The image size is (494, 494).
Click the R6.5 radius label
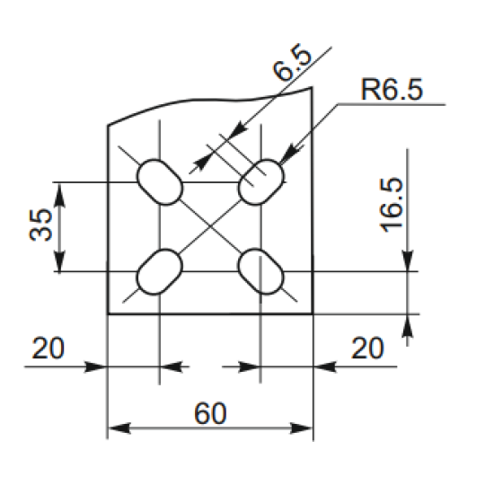point(392,90)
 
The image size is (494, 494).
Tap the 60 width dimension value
point(210,413)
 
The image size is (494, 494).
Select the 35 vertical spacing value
point(41,225)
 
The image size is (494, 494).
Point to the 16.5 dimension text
point(392,206)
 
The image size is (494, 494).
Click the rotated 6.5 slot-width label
point(292,63)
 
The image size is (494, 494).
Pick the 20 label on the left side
point(49,348)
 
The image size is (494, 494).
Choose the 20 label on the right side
point(367,348)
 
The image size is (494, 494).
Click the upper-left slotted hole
point(160,182)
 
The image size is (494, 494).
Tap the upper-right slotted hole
point(260,182)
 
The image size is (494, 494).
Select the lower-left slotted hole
point(160,271)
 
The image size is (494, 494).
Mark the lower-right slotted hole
point(260,271)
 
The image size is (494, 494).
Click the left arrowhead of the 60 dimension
point(119,428)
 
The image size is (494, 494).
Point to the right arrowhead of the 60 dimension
point(301,428)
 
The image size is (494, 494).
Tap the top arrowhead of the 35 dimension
point(59,195)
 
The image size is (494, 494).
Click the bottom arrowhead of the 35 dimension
point(59,260)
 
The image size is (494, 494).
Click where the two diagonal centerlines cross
point(210,227)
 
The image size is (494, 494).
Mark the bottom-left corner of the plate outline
point(108,314)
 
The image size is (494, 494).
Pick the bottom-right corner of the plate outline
point(313,314)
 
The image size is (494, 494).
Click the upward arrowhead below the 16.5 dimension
point(408,326)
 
